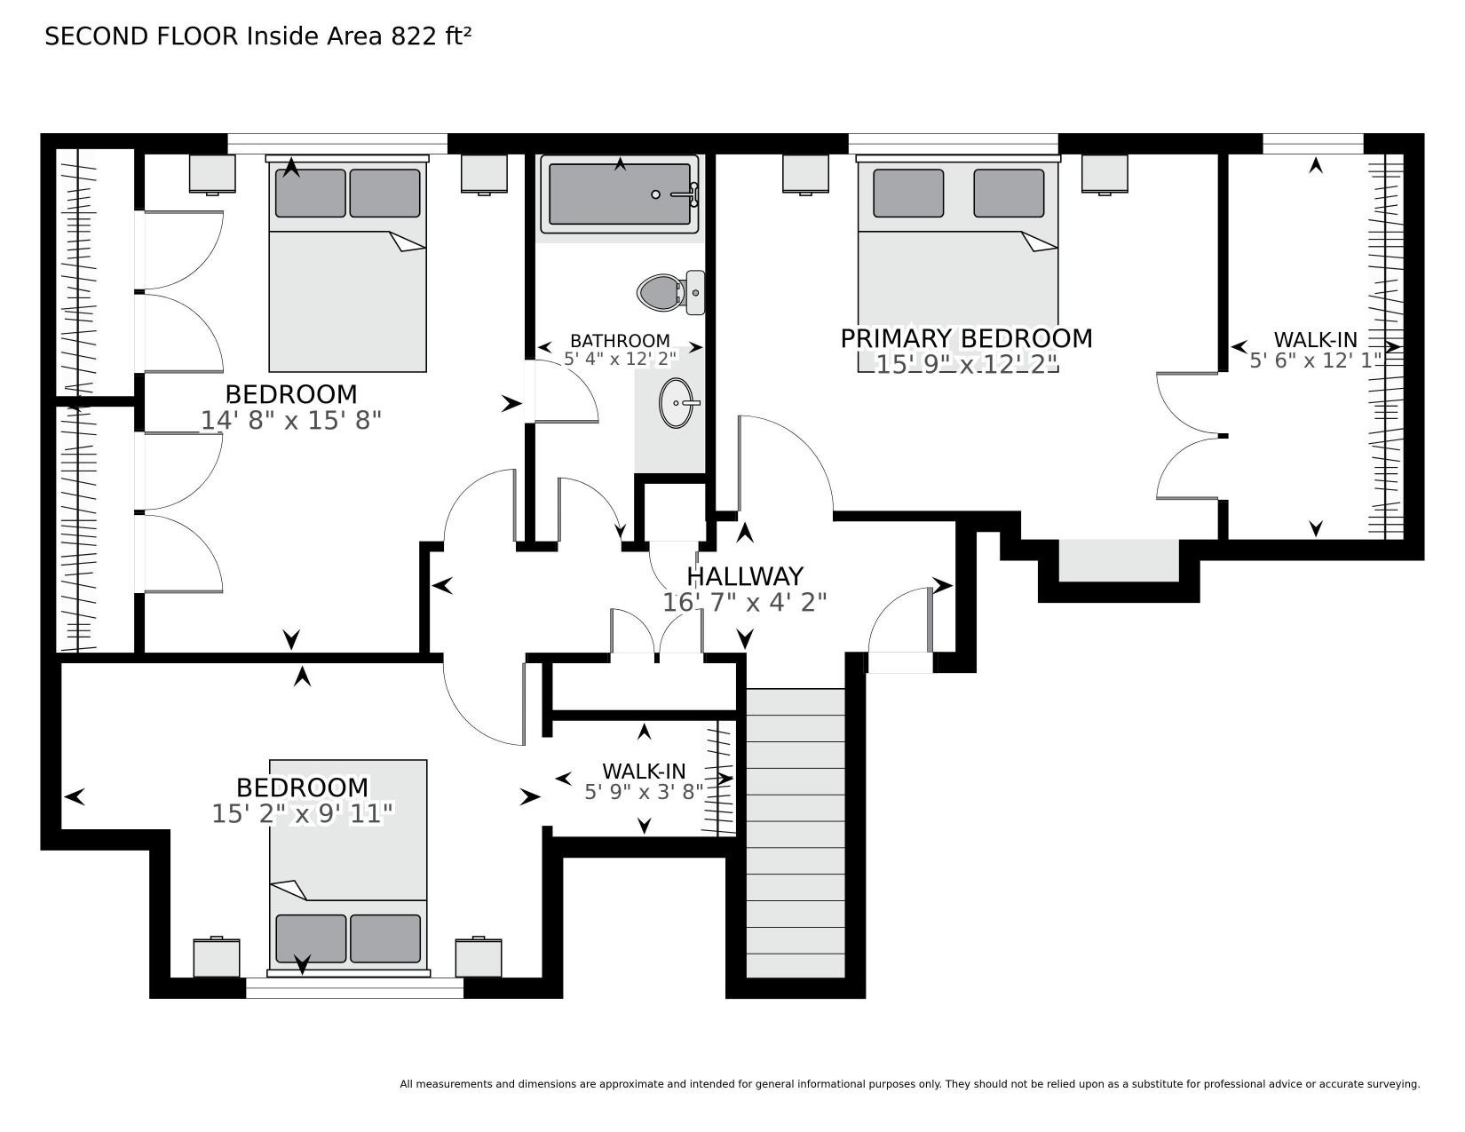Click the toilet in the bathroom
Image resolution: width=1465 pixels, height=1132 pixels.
tap(670, 293)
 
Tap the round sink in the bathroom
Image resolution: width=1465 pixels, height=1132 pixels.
tap(677, 403)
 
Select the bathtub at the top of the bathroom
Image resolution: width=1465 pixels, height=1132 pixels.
tap(620, 194)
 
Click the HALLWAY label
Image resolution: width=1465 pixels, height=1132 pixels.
tap(745, 577)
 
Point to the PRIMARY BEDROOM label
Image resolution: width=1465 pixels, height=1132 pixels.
tap(966, 338)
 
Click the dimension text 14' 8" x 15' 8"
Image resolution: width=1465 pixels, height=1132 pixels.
tap(291, 421)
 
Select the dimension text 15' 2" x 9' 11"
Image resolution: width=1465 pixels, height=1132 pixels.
tap(302, 814)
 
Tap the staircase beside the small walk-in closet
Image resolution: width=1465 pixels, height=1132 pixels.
tap(796, 833)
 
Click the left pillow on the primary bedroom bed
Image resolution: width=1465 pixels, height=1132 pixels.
tap(908, 193)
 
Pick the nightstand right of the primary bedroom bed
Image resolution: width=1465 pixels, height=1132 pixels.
tap(1105, 175)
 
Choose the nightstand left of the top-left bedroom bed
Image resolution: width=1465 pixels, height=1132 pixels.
tap(211, 175)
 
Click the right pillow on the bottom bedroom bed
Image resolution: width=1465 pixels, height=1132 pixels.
tap(385, 938)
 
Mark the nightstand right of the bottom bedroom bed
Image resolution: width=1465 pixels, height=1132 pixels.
tap(478, 957)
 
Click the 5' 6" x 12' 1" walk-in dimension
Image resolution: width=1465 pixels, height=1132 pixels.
tap(1311, 360)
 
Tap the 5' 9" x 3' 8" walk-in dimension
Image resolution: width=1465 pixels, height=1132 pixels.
tap(644, 792)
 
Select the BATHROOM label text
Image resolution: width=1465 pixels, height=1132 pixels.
tap(621, 341)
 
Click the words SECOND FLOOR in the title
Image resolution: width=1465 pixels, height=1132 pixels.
tap(141, 36)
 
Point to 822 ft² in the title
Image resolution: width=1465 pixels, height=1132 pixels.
tap(431, 36)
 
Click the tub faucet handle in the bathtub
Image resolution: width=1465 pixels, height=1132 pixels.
tap(686, 194)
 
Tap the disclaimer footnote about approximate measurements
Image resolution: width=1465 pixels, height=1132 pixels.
tap(910, 1085)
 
